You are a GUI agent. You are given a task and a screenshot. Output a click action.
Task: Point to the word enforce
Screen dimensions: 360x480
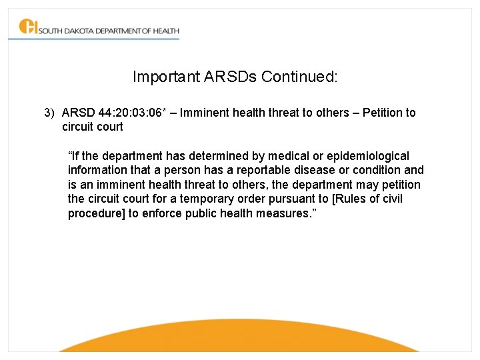[x=163, y=214]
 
